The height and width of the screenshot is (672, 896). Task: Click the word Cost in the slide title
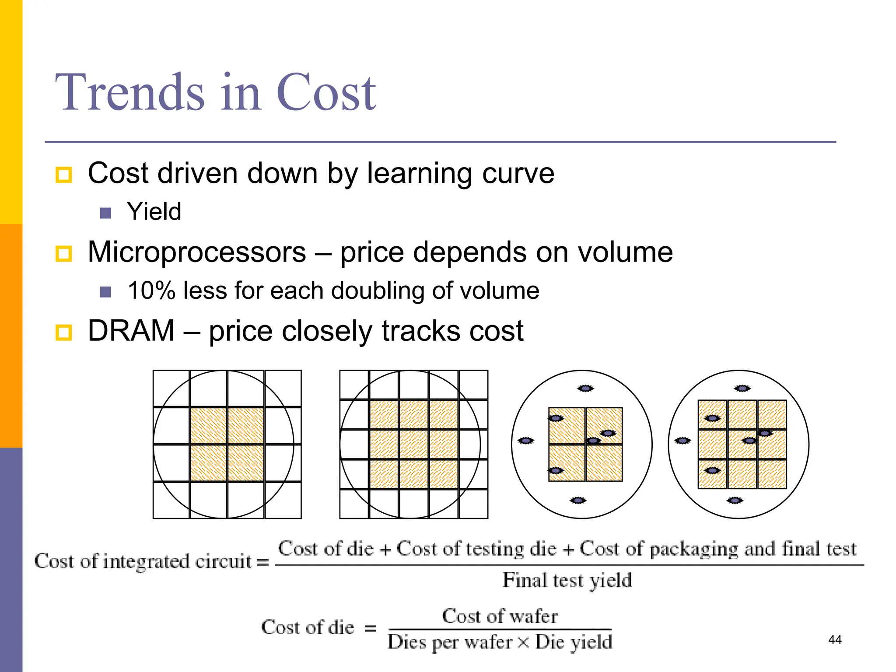point(326,93)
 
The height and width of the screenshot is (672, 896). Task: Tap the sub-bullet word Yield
point(154,212)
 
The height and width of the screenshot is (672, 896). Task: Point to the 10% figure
point(151,290)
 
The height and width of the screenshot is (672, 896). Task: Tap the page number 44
point(835,640)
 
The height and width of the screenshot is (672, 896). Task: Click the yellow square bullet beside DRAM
point(64,332)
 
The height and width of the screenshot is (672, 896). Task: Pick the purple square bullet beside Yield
point(105,213)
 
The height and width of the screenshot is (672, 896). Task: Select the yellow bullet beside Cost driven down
point(64,175)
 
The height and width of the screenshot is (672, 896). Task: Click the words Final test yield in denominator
point(567,581)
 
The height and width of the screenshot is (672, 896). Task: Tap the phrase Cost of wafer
point(500,616)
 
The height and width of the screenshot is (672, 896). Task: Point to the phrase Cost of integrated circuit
point(143,561)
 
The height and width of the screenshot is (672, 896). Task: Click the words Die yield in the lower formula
point(574,642)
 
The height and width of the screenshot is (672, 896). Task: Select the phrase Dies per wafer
point(450,642)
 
